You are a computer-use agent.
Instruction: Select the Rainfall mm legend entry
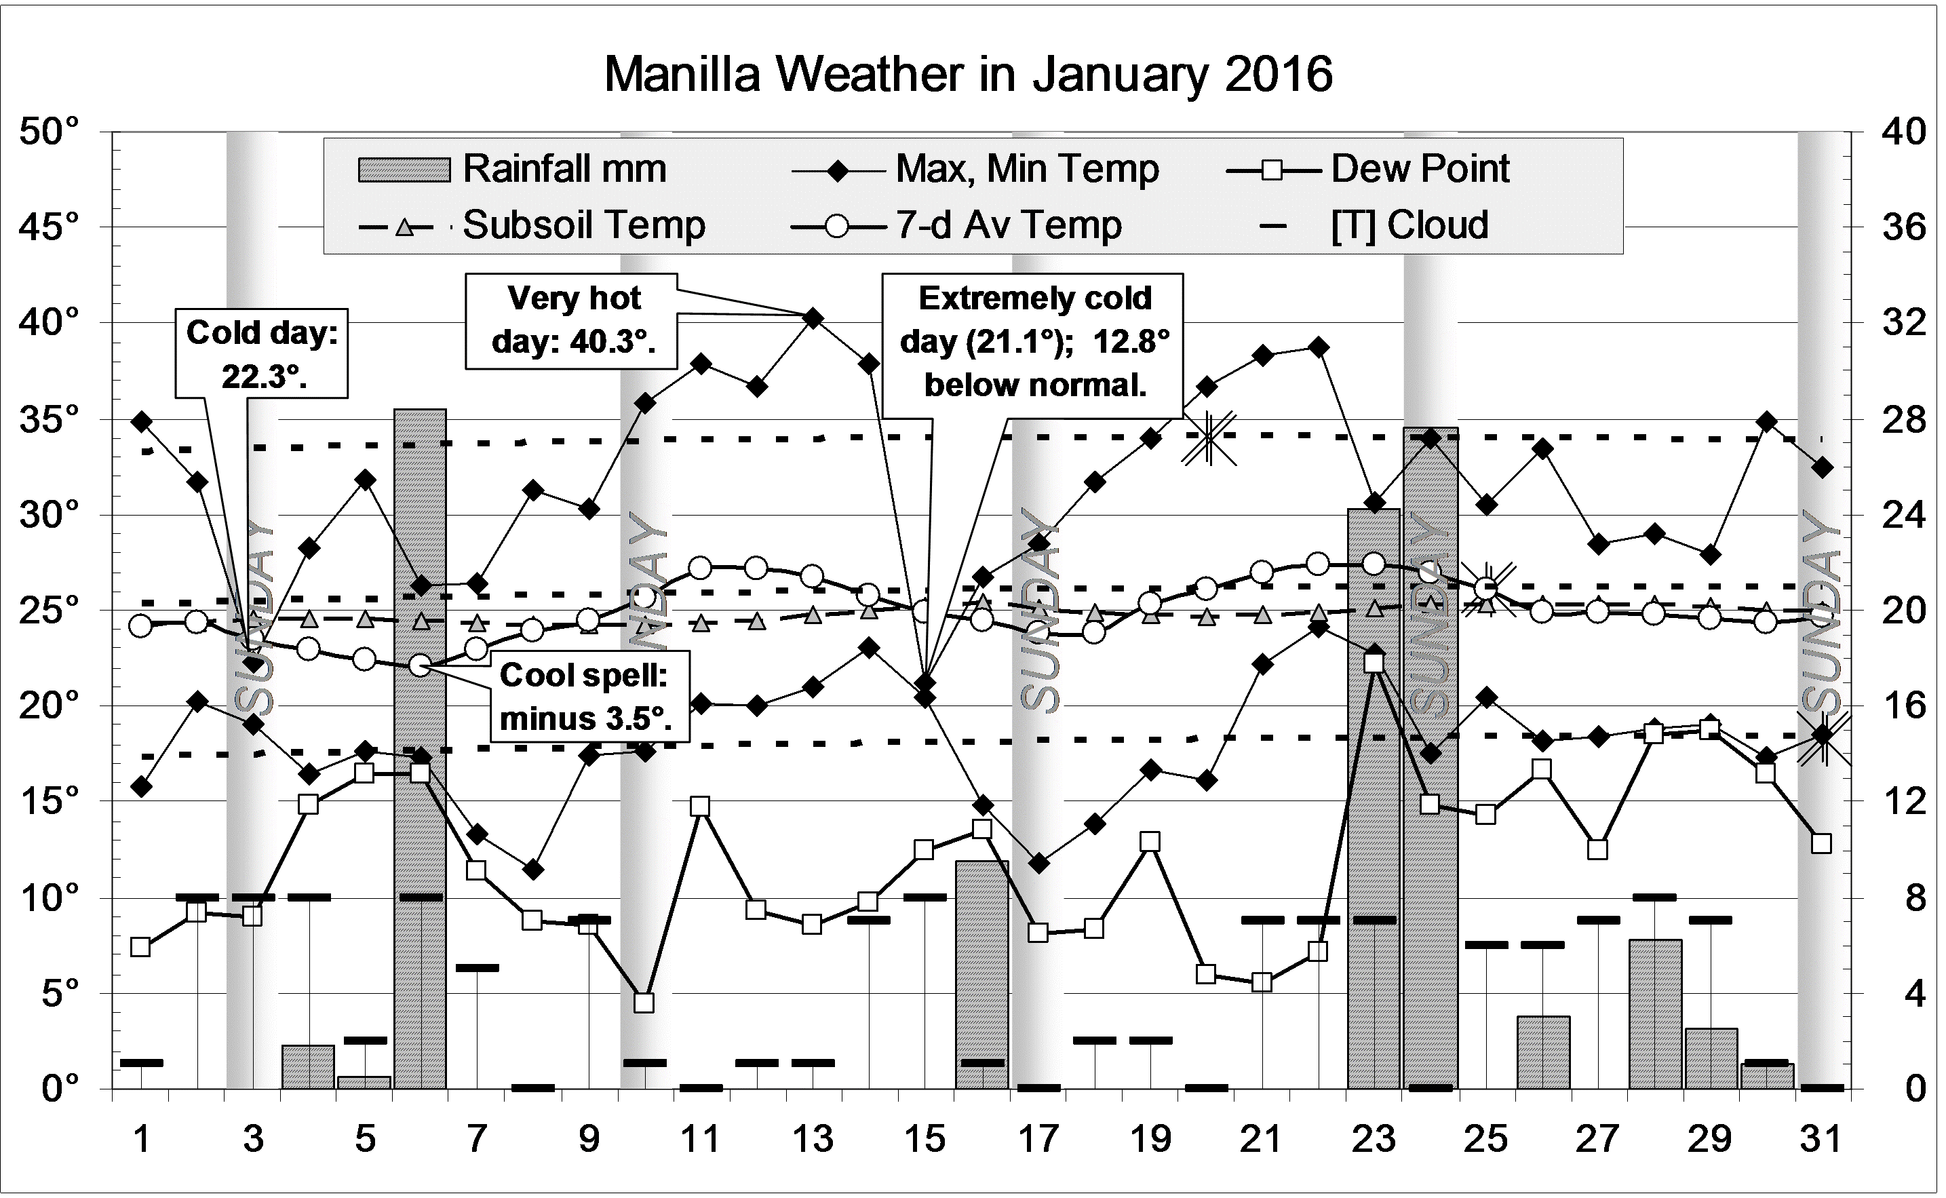[511, 169]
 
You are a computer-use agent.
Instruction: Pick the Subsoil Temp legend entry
[532, 226]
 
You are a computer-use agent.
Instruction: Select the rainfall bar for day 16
[981, 975]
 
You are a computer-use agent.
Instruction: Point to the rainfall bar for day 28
[1654, 1013]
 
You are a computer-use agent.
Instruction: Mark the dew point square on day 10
[644, 1003]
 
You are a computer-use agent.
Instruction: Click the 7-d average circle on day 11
[700, 567]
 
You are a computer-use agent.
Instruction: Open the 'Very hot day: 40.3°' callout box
[571, 321]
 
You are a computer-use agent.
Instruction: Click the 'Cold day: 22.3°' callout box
[261, 353]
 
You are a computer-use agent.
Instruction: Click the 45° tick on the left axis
[48, 228]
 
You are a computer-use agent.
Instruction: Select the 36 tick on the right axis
[1903, 228]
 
